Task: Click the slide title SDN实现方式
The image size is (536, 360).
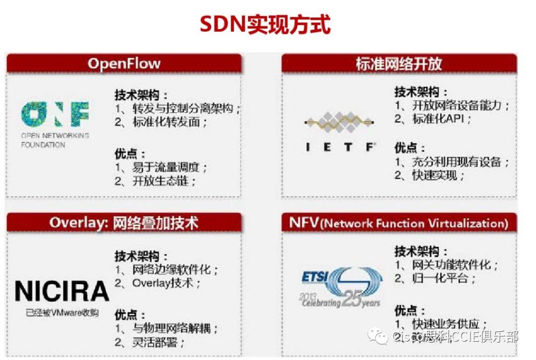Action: [x=265, y=24]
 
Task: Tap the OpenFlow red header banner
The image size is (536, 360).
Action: [x=124, y=64]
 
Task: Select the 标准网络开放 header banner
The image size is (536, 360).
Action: [x=399, y=64]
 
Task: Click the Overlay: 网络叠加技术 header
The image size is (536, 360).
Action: [x=124, y=222]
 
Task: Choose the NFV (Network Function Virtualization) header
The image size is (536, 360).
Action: [x=399, y=223]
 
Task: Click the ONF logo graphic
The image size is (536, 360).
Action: [x=55, y=114]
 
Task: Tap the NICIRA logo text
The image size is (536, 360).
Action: [x=62, y=291]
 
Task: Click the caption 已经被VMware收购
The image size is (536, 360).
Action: [x=62, y=313]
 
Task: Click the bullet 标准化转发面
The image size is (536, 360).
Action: [x=169, y=122]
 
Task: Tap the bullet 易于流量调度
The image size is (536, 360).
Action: [x=169, y=167]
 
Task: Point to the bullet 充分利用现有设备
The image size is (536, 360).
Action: [x=454, y=162]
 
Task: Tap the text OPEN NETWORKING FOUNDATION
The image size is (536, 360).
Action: [x=55, y=140]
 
